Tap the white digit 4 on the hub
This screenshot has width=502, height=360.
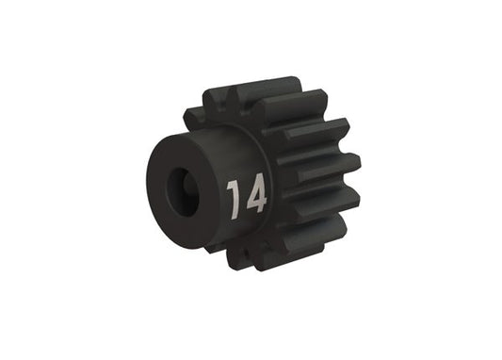coord(254,196)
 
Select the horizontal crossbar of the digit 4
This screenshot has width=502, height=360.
coord(255,202)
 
